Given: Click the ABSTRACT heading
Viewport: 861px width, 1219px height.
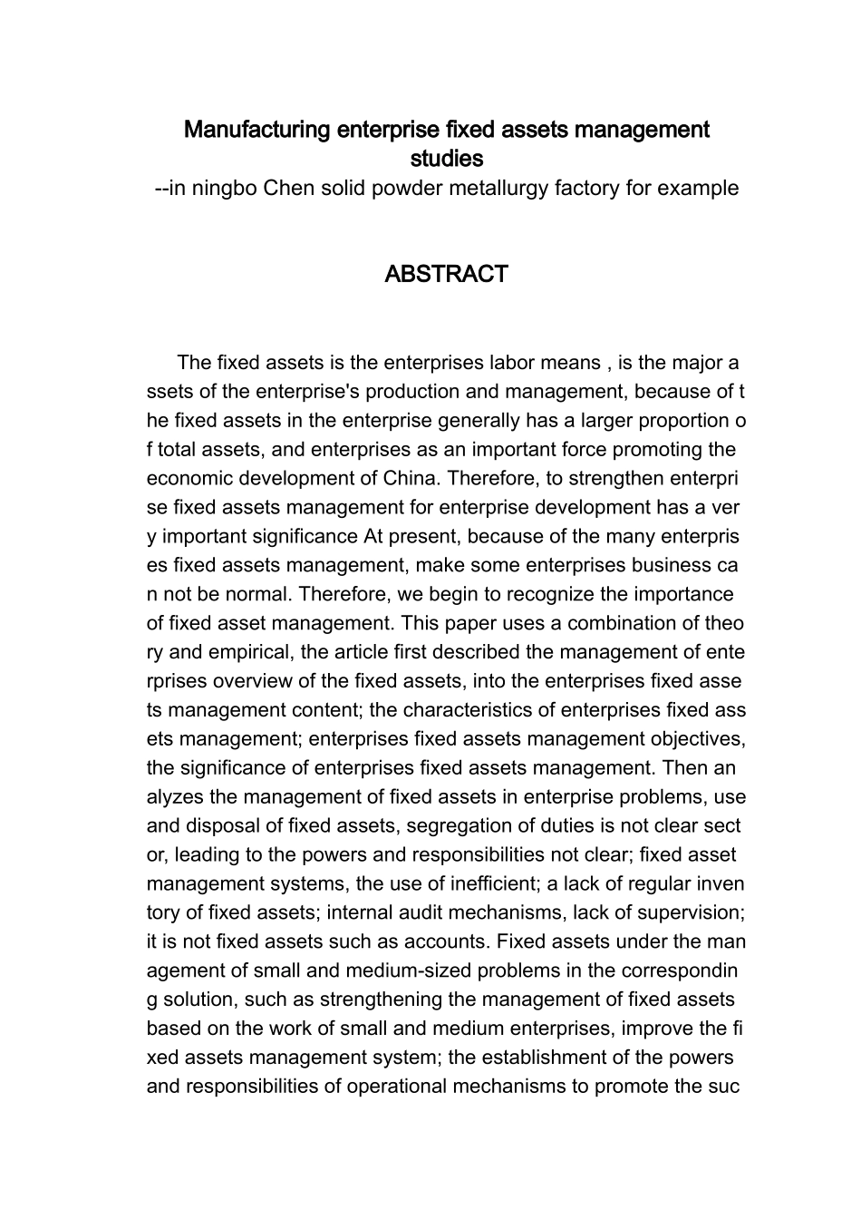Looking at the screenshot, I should coord(445,275).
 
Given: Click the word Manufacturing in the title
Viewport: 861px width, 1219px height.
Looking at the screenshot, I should coord(257,130).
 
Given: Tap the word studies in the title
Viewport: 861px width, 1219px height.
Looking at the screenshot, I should coord(446,159).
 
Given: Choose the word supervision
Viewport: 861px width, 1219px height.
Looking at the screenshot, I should coord(688,913).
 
